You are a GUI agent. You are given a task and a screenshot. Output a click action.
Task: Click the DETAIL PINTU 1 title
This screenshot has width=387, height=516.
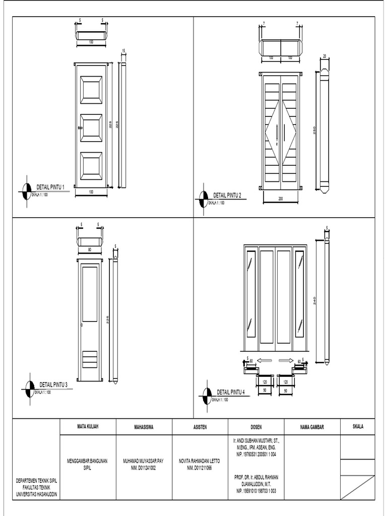(50, 187)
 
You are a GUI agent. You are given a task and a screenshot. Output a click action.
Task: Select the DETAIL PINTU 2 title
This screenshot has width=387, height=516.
(228, 195)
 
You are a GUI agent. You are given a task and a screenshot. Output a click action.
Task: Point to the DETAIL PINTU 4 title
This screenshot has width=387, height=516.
(231, 392)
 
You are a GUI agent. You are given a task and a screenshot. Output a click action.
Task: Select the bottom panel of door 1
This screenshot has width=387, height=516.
(91, 167)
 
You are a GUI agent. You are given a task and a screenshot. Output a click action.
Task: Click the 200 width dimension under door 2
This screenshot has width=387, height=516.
(281, 199)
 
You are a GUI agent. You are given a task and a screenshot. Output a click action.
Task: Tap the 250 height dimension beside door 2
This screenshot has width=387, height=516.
(314, 130)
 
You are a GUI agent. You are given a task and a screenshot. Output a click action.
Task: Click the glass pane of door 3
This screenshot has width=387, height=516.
(90, 294)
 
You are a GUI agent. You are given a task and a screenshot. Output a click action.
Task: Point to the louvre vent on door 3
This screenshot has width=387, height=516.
(90, 359)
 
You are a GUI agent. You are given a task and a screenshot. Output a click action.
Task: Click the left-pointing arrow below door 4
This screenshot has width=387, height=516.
(265, 360)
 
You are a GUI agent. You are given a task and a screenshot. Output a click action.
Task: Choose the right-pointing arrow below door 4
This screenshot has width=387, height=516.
(286, 360)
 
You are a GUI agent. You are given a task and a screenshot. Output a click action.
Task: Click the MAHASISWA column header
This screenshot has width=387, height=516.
(144, 427)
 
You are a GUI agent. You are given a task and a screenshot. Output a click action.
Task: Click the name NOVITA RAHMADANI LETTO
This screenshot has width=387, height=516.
(200, 461)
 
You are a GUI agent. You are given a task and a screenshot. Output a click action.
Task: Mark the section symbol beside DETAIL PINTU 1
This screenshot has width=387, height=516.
(27, 191)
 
